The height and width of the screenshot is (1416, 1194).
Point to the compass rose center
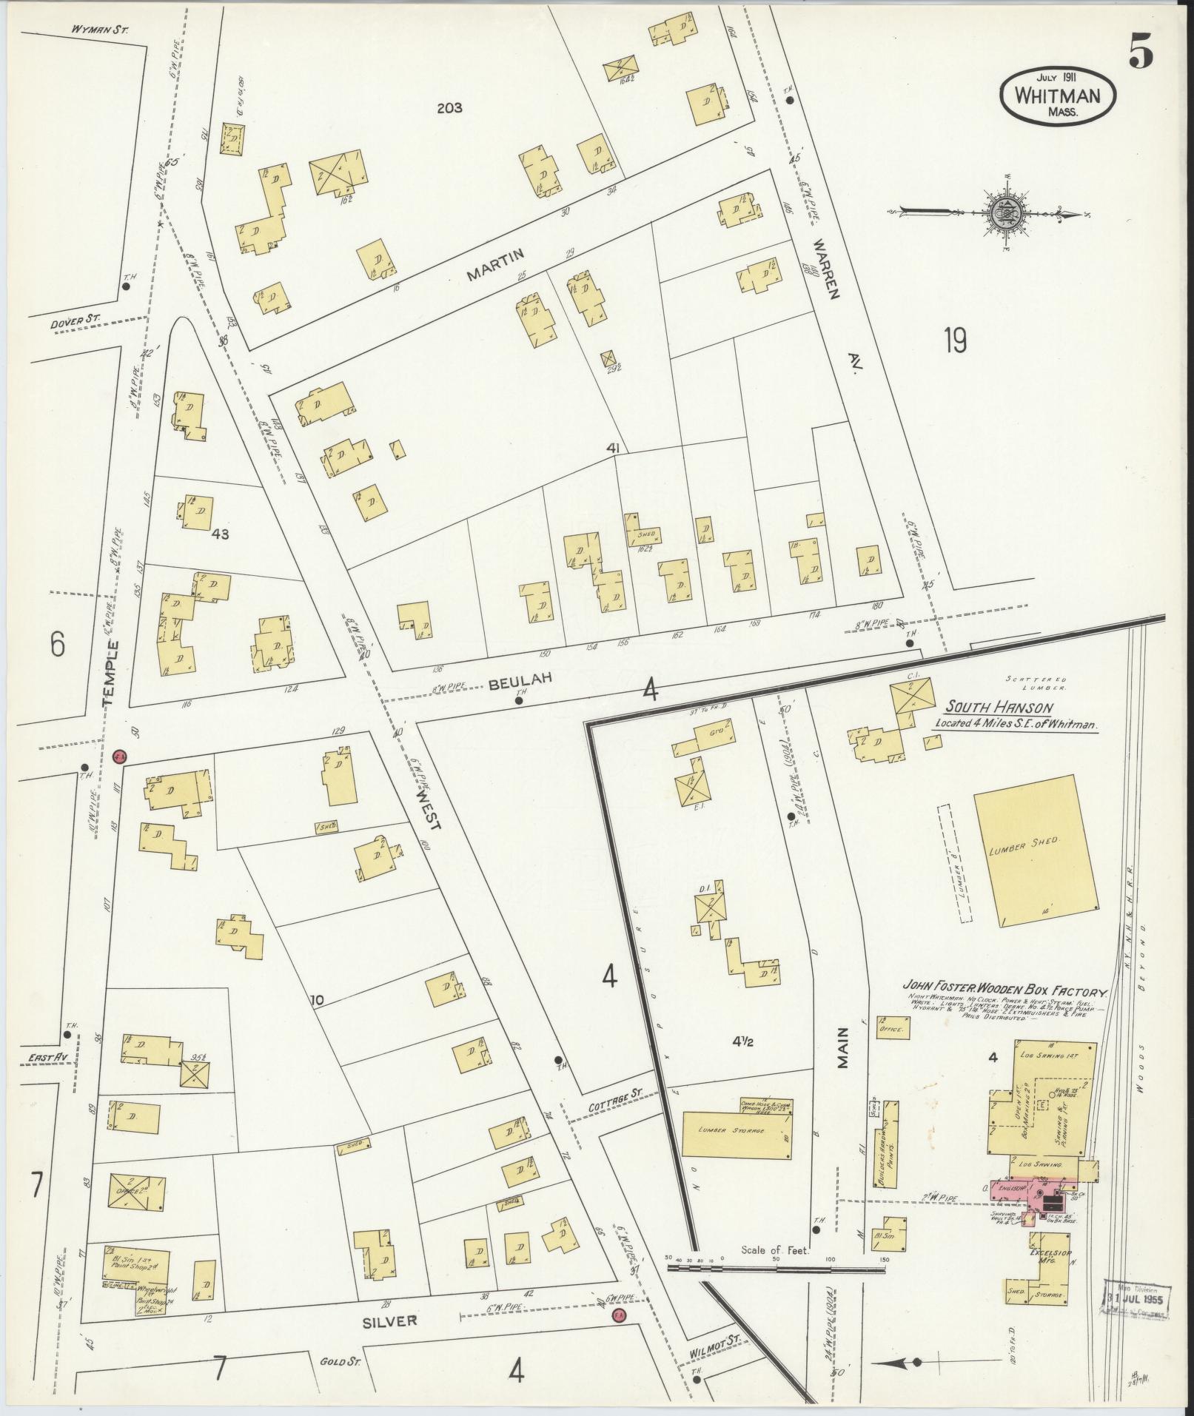[x=1007, y=212]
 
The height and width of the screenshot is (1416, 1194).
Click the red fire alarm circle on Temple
[x=120, y=756]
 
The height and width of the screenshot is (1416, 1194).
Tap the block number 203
[x=449, y=108]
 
